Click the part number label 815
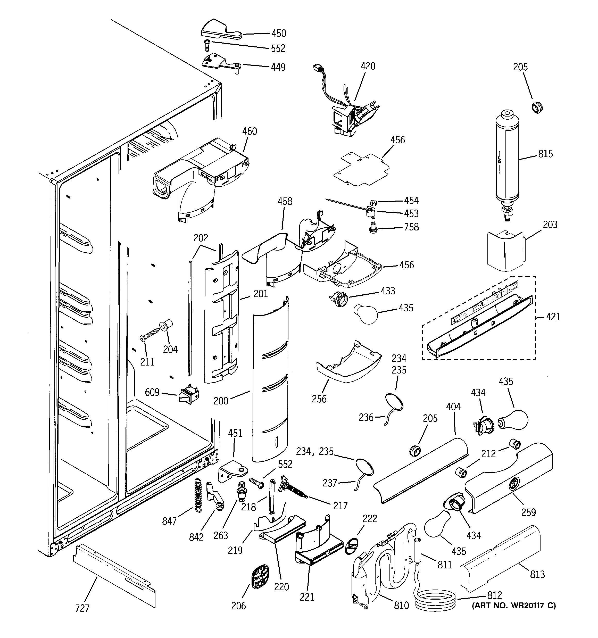coord(545,154)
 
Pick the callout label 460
coord(250,131)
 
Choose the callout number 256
coord(319,399)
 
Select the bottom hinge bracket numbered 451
coord(233,472)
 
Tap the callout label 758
coord(411,227)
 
